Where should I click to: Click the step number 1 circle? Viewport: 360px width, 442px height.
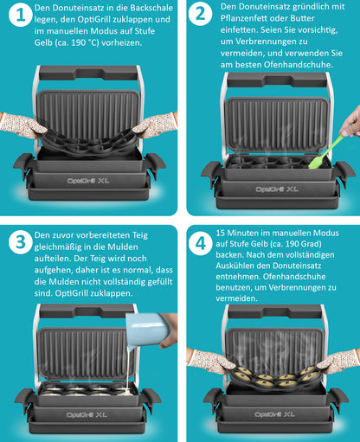[x=20, y=15]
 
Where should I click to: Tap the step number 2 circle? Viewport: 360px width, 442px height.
[x=200, y=14]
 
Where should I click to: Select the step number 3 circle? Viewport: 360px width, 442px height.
[x=20, y=242]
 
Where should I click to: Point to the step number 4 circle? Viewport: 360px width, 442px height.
[x=201, y=243]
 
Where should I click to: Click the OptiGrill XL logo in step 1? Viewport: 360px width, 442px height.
[x=88, y=181]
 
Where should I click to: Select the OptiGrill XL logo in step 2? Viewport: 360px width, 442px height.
[x=277, y=189]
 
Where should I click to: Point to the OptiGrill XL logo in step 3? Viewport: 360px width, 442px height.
[x=87, y=415]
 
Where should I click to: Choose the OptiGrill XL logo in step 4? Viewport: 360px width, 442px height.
[x=274, y=414]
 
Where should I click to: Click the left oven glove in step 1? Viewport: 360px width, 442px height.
[x=22, y=125]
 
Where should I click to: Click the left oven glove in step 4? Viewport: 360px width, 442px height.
[x=209, y=362]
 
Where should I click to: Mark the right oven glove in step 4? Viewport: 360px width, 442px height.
[x=338, y=362]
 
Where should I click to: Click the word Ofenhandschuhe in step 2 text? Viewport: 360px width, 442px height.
[x=299, y=65]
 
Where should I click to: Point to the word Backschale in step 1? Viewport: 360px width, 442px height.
[x=151, y=8]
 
